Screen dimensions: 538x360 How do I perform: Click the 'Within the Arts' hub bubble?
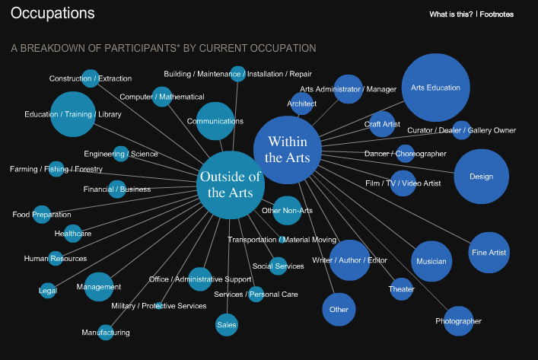(x=283, y=150)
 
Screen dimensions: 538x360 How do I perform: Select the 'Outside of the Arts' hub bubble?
(x=230, y=184)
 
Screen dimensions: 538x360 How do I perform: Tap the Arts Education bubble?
(x=435, y=88)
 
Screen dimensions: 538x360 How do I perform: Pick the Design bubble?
(x=481, y=177)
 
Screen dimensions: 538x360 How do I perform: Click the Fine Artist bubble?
(x=489, y=252)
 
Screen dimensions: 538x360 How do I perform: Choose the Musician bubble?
(x=431, y=261)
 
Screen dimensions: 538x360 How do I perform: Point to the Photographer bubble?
(x=458, y=320)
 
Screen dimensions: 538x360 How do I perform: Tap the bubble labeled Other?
(x=339, y=309)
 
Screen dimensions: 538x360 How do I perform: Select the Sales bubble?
(x=227, y=324)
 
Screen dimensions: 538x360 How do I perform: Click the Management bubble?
(x=99, y=287)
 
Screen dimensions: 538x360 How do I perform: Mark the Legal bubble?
(x=48, y=290)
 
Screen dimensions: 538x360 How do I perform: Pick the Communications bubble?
(x=215, y=121)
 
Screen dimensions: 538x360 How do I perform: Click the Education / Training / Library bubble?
(x=73, y=114)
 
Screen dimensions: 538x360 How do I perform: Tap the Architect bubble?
(x=301, y=104)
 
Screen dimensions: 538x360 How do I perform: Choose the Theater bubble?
(x=402, y=288)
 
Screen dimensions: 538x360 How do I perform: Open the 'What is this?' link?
(x=450, y=14)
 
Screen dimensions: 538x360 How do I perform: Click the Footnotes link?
(x=497, y=14)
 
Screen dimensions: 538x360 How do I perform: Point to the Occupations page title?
(x=53, y=14)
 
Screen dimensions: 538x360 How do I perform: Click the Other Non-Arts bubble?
(x=287, y=210)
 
